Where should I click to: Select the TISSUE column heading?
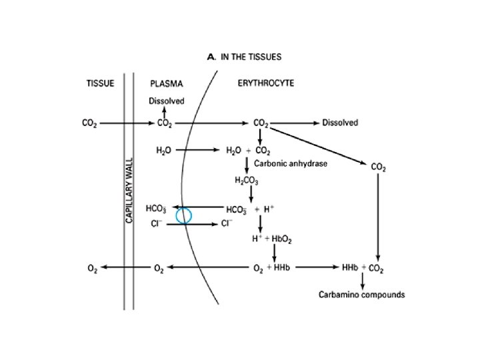click(x=101, y=84)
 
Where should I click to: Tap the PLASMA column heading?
click(x=166, y=84)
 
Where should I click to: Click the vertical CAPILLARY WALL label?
click(x=129, y=191)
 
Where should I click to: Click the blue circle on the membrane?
click(x=183, y=215)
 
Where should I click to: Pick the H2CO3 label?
click(x=246, y=180)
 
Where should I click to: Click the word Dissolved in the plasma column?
click(x=166, y=101)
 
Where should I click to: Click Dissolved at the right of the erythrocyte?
click(x=340, y=123)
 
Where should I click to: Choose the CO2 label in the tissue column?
click(x=88, y=123)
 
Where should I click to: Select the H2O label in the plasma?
click(x=163, y=151)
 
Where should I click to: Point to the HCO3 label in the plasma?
click(x=157, y=208)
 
